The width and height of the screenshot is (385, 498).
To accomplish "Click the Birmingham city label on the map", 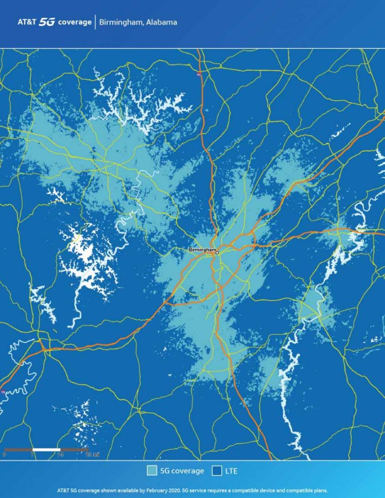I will pos(202,250).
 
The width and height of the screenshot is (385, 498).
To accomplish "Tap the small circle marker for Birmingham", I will pos(217,253).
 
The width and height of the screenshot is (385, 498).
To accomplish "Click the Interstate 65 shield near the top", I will pos(199,75).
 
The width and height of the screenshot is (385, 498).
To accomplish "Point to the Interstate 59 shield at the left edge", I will pos(3,392).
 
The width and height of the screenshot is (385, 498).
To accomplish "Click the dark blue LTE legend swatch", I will pos(216,471).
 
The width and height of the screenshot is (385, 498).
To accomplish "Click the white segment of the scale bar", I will pos(46,450).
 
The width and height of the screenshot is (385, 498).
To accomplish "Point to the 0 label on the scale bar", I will pos(5,455).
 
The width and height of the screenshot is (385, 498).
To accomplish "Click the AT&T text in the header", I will pos(27,22).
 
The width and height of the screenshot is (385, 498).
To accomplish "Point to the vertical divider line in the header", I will pos(95,22).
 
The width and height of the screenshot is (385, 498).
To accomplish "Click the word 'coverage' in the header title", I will pos(78,22).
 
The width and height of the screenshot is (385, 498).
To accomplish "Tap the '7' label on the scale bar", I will pos(33,455).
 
